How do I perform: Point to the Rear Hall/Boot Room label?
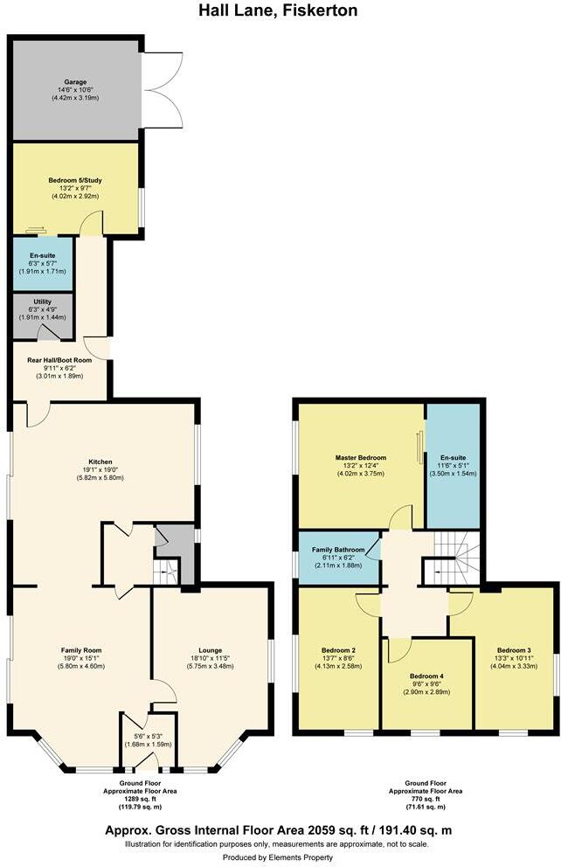59,360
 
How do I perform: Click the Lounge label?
210,649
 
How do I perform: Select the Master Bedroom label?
360,457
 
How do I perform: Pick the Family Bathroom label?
337,549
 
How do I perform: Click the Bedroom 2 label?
337,649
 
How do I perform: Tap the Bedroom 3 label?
514,649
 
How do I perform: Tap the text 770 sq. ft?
427,799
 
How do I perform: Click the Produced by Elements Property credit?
280,857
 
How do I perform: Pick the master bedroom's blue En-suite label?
452,457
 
